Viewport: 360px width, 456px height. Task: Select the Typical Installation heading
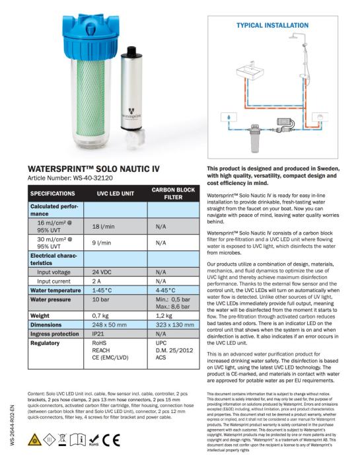click(x=272, y=25)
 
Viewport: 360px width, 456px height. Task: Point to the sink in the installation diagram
click(x=250, y=71)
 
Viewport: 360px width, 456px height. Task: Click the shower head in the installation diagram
click(x=295, y=36)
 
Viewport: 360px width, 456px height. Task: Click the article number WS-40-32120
click(x=92, y=178)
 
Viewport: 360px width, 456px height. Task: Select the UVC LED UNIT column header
click(x=116, y=194)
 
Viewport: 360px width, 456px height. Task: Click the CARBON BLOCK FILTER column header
click(x=173, y=194)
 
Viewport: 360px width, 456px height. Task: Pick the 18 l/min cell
click(x=103, y=227)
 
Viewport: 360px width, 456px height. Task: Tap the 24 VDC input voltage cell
click(x=102, y=272)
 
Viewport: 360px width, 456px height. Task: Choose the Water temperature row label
click(x=55, y=290)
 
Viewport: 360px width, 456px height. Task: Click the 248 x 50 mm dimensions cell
click(x=110, y=325)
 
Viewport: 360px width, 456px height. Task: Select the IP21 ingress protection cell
click(x=98, y=334)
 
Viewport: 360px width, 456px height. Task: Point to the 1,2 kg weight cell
click(x=164, y=316)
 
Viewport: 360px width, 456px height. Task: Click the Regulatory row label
click(x=45, y=343)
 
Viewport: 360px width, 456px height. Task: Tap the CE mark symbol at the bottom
click(x=111, y=440)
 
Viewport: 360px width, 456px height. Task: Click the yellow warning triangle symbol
click(x=34, y=439)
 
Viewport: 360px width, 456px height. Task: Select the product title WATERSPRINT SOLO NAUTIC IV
click(x=94, y=169)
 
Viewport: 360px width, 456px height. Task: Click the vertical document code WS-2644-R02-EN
click(x=12, y=425)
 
